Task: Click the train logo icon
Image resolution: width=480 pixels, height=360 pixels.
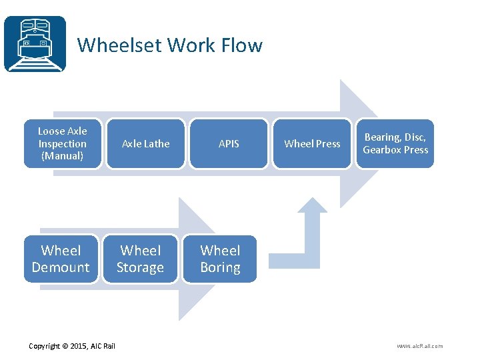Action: (x=35, y=44)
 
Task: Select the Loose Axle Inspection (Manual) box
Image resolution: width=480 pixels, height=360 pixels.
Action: (x=63, y=143)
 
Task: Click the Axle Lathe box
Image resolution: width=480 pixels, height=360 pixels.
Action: (x=145, y=143)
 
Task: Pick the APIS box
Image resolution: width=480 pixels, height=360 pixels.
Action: (x=229, y=143)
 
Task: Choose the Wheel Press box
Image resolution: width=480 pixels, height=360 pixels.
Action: (x=312, y=143)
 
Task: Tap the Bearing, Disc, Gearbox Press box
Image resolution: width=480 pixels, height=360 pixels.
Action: (x=395, y=143)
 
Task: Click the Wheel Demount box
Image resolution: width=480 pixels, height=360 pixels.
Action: (x=61, y=259)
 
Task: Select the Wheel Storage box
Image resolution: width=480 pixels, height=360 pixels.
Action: (x=140, y=259)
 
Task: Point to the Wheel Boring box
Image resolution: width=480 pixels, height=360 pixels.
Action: (x=220, y=259)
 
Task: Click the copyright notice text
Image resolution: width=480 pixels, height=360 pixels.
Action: (x=72, y=345)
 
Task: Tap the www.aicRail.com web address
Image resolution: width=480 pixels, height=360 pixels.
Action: (x=419, y=345)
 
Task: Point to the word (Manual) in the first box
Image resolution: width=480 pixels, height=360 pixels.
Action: (x=62, y=156)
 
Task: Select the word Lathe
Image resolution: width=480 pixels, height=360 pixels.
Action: (x=157, y=143)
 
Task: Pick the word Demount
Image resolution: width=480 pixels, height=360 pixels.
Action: (x=61, y=267)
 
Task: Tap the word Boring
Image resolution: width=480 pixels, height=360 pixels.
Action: (x=220, y=267)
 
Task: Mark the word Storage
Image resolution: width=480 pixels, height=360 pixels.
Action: (x=140, y=267)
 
